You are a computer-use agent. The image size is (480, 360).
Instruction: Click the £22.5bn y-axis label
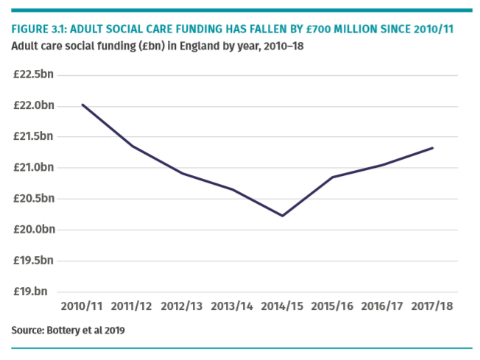[x=34, y=74]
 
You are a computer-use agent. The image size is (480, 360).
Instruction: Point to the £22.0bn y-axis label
[x=34, y=105]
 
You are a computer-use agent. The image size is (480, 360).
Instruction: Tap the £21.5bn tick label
[x=34, y=136]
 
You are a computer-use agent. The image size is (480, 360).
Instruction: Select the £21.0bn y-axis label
[x=34, y=167]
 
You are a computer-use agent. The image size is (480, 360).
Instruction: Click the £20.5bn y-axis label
[x=34, y=198]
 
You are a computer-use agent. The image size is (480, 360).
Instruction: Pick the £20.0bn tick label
[x=34, y=229]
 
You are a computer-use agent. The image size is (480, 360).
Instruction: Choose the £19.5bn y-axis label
[x=34, y=260]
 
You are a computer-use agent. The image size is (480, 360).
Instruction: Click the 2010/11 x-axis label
[x=82, y=306]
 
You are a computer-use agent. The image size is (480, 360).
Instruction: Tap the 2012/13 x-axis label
[x=182, y=306]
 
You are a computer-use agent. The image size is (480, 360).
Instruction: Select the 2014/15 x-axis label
[x=282, y=306]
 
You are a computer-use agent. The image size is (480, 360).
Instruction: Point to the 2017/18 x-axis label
[x=432, y=306]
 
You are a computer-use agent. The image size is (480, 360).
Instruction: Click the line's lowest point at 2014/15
[x=282, y=216]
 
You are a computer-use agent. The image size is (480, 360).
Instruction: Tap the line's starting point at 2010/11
[x=82, y=105]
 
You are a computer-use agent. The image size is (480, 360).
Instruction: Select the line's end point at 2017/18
[x=433, y=148]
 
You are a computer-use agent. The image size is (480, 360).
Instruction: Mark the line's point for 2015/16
[x=332, y=177]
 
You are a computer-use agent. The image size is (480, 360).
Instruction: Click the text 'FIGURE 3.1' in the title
[x=37, y=29]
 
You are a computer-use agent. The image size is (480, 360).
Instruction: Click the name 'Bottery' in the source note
[x=63, y=331]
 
